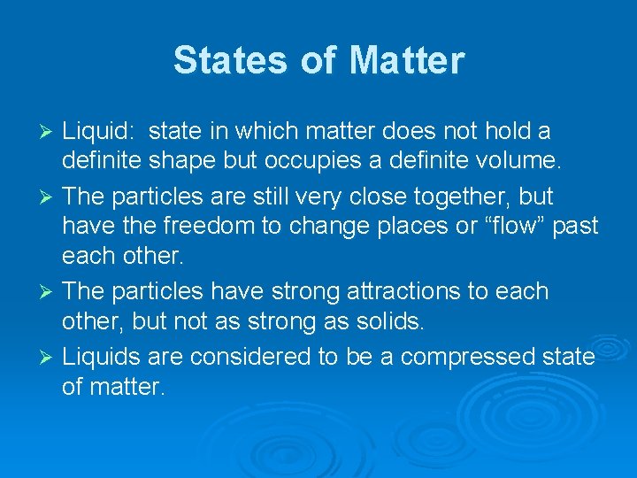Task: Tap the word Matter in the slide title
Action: click(x=406, y=60)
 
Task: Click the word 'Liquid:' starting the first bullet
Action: click(x=98, y=132)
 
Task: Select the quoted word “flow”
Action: click(x=515, y=227)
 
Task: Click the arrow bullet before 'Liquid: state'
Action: click(x=49, y=133)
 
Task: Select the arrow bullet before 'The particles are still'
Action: click(x=49, y=197)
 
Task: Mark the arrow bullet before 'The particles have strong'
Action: click(x=49, y=292)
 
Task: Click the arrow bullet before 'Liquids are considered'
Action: click(x=49, y=356)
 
